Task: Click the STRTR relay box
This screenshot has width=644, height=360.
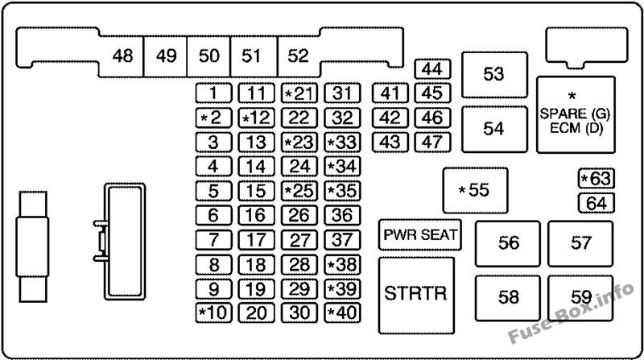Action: click(x=416, y=296)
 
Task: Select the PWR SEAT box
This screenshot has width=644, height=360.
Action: click(x=419, y=234)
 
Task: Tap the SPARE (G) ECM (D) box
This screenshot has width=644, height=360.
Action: click(x=576, y=114)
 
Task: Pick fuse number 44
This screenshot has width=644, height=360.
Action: click(x=432, y=68)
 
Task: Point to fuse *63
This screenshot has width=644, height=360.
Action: click(x=596, y=178)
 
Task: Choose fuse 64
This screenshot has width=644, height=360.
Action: click(x=596, y=203)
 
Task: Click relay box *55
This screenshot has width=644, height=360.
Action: click(x=475, y=190)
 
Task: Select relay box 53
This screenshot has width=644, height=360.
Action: click(x=494, y=75)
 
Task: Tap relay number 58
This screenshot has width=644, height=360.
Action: click(x=508, y=298)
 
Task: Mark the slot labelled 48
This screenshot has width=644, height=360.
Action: click(x=122, y=56)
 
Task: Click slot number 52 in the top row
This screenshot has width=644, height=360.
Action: click(x=299, y=56)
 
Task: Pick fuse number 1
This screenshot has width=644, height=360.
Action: click(x=213, y=93)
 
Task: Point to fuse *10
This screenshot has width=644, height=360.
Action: click(x=213, y=312)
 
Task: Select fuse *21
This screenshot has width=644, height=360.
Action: click(x=299, y=93)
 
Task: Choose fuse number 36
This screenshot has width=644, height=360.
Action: click(x=342, y=215)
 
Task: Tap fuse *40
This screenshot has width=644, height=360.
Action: click(x=342, y=312)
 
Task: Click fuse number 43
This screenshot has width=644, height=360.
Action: click(x=390, y=143)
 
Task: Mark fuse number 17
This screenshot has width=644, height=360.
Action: click(x=256, y=239)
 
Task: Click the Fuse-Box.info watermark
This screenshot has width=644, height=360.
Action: click(x=572, y=313)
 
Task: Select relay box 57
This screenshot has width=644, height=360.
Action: click(x=580, y=244)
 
